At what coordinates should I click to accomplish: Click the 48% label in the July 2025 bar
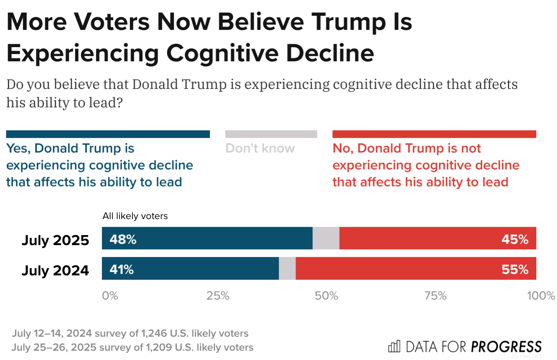pyautogui.click(x=123, y=239)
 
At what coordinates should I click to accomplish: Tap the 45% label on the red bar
pyautogui.click(x=515, y=239)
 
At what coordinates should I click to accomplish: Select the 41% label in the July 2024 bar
pyautogui.click(x=122, y=270)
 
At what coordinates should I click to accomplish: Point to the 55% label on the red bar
pyautogui.click(x=515, y=270)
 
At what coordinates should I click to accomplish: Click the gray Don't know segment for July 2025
pyautogui.click(x=326, y=238)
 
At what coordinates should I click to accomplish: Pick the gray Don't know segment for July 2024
pyautogui.click(x=287, y=268)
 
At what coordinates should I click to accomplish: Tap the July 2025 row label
pyautogui.click(x=55, y=240)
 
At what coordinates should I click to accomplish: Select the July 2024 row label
pyautogui.click(x=55, y=270)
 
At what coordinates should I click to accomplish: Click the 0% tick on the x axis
pyautogui.click(x=110, y=296)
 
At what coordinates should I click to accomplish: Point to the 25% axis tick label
pyautogui.click(x=218, y=296)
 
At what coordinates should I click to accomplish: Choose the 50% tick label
pyautogui.click(x=326, y=296)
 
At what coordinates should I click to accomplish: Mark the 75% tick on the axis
pyautogui.click(x=435, y=296)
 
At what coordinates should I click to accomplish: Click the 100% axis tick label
pyautogui.click(x=541, y=296)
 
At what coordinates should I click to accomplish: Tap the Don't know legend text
pyautogui.click(x=260, y=148)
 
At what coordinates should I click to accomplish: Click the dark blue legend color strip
pyautogui.click(x=108, y=134)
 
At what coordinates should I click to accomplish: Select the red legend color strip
pyautogui.click(x=434, y=134)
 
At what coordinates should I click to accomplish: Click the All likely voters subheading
pyautogui.click(x=135, y=216)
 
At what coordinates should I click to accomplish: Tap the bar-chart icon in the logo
pyautogui.click(x=394, y=346)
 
